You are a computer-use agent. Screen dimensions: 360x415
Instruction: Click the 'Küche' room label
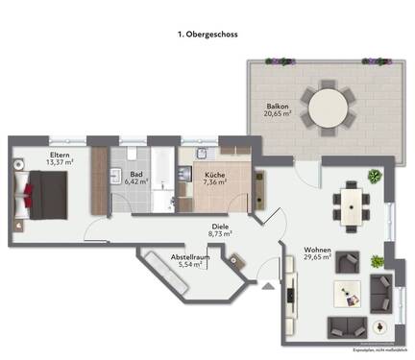point(214,175)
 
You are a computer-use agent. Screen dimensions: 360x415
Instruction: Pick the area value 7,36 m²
point(215,184)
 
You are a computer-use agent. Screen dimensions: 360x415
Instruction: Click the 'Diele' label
point(220,223)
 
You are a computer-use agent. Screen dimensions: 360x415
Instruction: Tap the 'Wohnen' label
point(317,248)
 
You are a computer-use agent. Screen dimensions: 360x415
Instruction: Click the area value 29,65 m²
point(317,257)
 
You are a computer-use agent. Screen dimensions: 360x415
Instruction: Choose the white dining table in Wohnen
point(353,204)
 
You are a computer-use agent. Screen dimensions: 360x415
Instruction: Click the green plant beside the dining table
point(374,177)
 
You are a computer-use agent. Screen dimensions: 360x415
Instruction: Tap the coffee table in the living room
point(348,293)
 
